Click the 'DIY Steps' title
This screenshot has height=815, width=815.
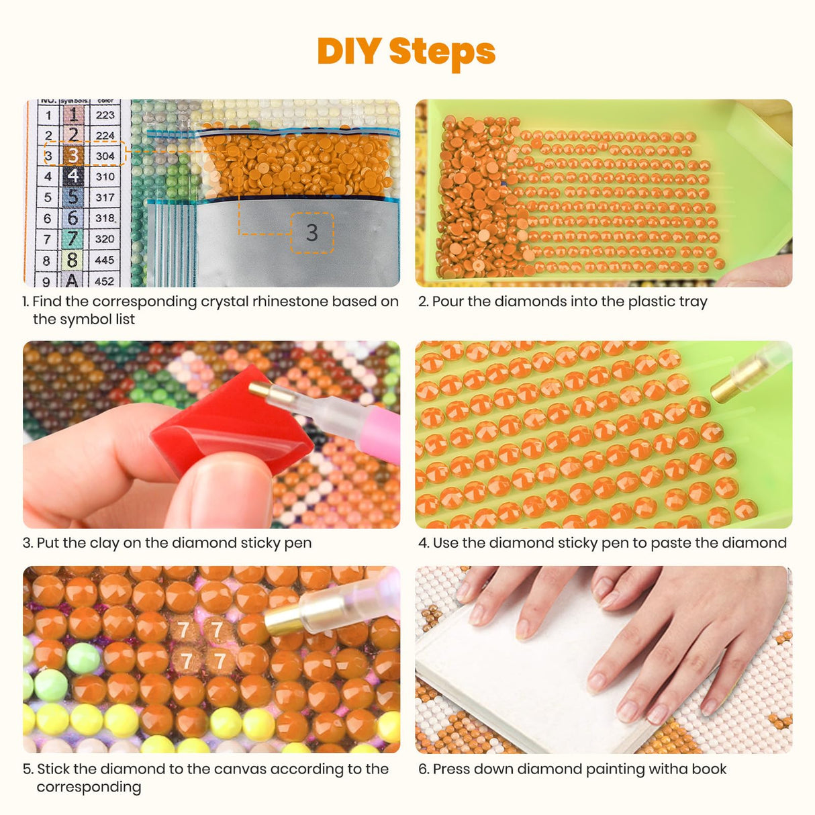406,51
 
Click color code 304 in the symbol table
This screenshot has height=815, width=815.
105,156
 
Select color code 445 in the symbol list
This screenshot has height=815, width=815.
105,260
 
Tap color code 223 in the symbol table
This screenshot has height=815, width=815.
105,115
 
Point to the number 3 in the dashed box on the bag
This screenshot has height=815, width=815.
311,232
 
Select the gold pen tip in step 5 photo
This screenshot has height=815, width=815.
281,622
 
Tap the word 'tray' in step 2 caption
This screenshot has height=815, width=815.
692,301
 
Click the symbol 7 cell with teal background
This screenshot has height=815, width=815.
73,238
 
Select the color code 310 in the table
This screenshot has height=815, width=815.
105,177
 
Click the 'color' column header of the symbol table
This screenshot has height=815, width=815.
105,101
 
